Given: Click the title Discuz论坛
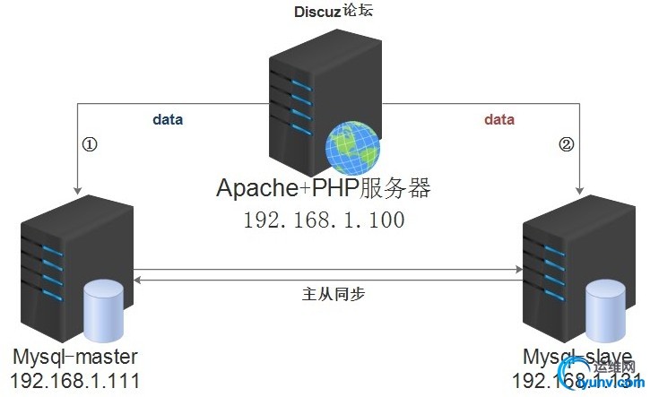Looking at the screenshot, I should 325,12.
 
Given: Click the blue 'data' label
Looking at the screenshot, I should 168,119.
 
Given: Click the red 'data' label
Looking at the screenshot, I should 499,119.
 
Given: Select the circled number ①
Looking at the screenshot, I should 90,143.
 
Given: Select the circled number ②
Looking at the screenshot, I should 565,143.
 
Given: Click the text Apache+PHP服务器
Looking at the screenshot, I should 324,189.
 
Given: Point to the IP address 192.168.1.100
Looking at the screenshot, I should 324,220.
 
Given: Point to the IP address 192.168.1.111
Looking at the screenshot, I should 75,380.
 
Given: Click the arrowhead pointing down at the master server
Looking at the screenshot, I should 79,189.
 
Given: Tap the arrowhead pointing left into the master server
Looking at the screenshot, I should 137,280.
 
